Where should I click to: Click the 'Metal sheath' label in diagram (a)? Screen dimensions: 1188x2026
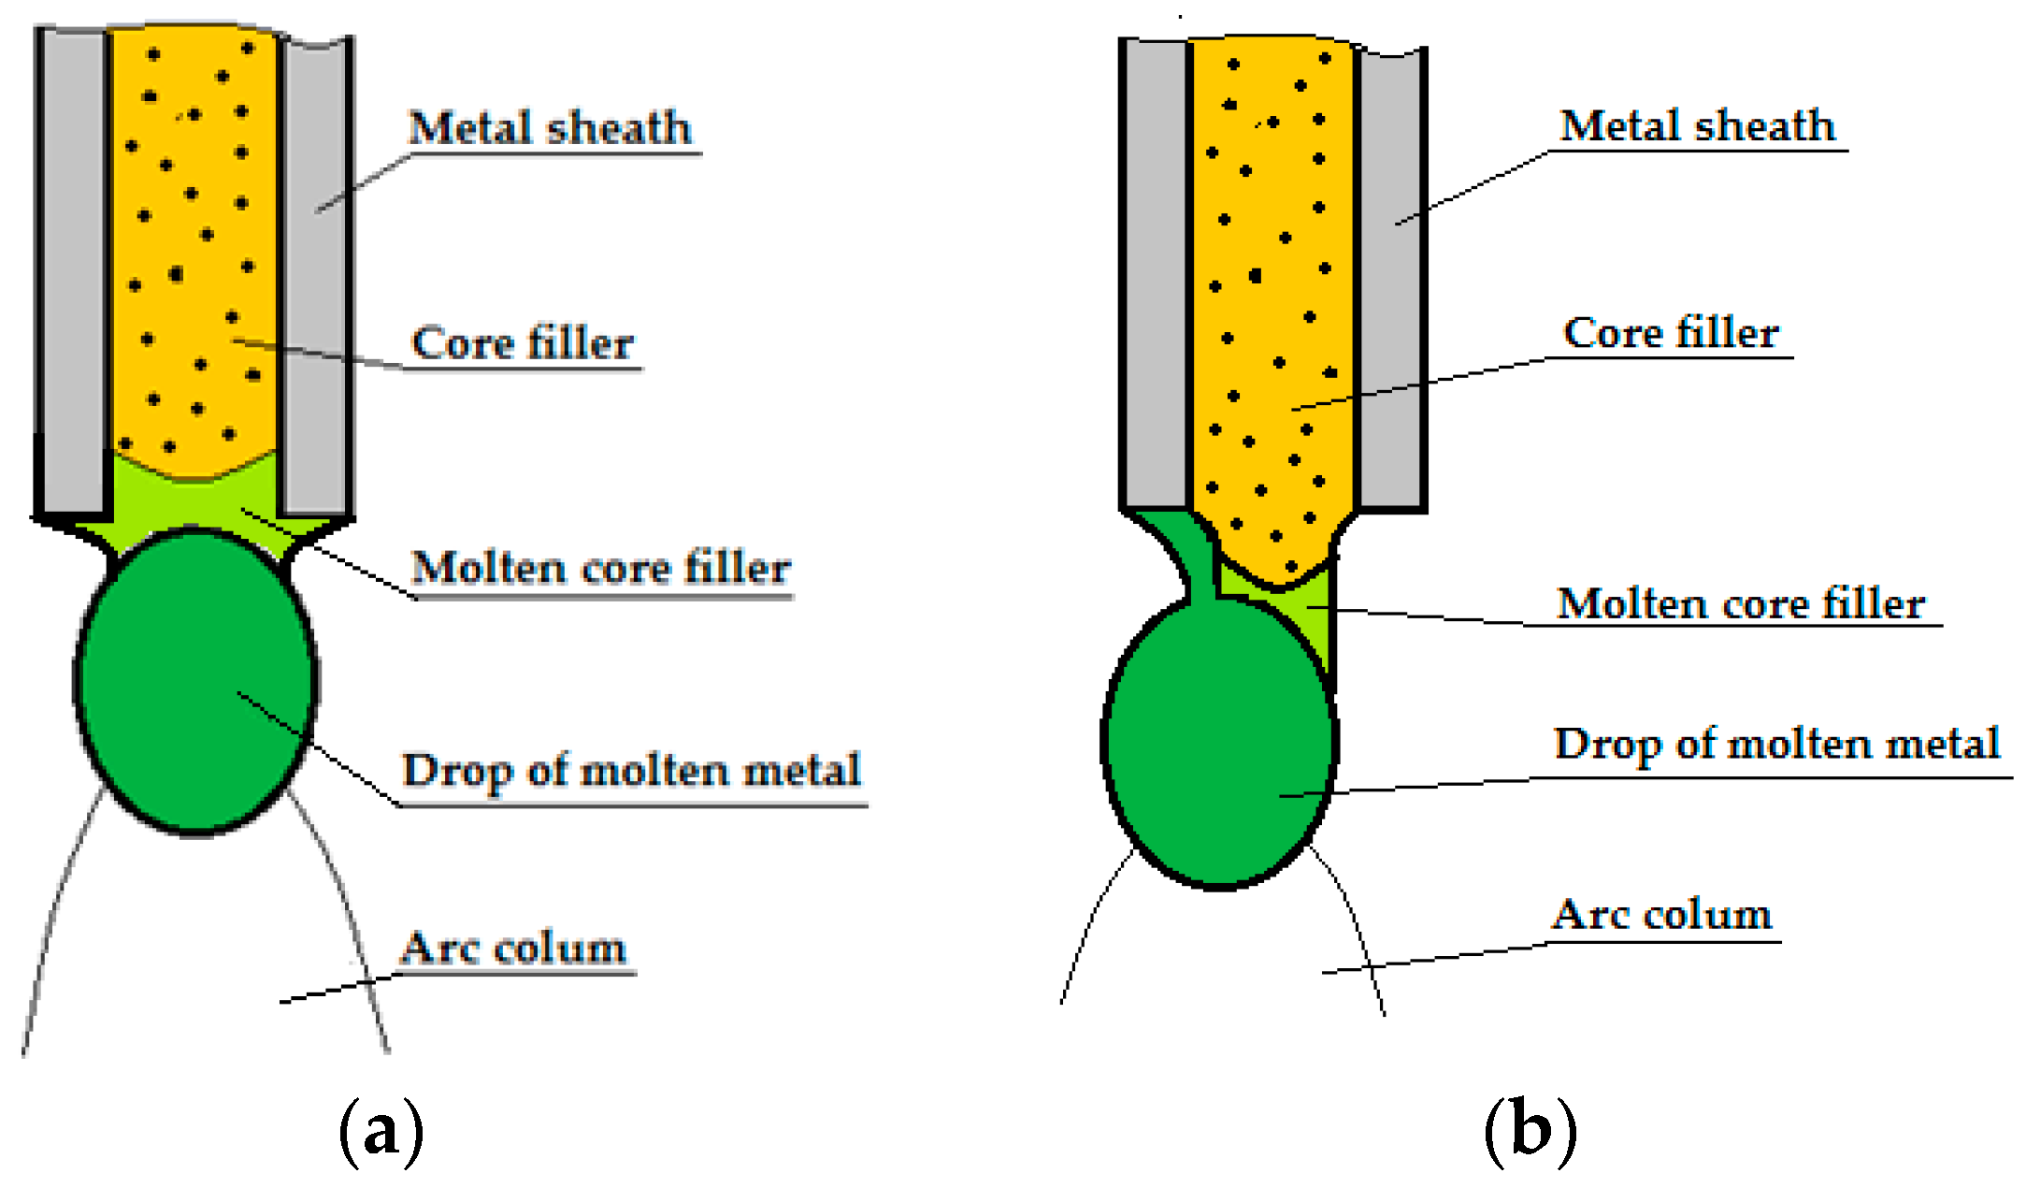click(x=551, y=127)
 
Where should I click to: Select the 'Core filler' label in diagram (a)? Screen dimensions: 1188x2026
click(x=523, y=342)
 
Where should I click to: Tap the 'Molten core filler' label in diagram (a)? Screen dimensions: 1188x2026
click(x=601, y=567)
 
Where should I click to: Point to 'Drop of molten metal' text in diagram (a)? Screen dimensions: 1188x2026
click(x=631, y=771)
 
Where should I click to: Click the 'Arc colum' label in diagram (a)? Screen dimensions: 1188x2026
click(x=513, y=949)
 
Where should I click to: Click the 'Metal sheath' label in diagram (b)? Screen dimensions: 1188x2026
click(x=1698, y=125)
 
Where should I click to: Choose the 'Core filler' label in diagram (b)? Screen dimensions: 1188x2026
click(x=1672, y=332)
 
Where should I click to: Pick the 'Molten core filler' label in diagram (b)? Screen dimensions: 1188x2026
click(x=1741, y=602)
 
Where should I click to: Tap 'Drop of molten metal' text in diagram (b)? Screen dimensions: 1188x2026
click(x=1776, y=745)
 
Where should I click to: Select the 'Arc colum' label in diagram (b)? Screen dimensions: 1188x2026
click(x=1662, y=915)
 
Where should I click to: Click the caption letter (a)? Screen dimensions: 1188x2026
click(x=381, y=1132)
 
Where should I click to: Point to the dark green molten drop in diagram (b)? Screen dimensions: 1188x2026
click(x=1215, y=748)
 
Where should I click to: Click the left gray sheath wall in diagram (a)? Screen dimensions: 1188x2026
click(x=71, y=271)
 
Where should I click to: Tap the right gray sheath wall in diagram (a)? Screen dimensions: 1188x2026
click(x=315, y=271)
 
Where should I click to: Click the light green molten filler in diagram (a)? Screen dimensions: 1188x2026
click(x=192, y=500)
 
